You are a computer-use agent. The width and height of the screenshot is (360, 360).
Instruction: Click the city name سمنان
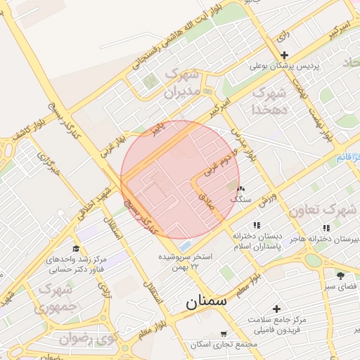pos(207,303)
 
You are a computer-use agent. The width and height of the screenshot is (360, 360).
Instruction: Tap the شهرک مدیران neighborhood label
pos(182,83)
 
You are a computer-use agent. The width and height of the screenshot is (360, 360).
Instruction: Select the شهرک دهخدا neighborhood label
pos(270,101)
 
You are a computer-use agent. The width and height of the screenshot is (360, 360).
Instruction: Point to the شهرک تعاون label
pos(317,210)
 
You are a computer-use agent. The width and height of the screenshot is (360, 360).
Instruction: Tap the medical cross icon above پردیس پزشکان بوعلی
pos(284,56)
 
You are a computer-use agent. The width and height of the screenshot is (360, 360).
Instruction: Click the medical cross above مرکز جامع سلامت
pos(276,309)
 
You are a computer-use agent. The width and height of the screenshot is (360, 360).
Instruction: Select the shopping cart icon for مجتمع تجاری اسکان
pos(224,334)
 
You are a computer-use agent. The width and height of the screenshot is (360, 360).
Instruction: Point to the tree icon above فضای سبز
pos(340,276)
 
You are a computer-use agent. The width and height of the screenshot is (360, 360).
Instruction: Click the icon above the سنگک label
pos(241,189)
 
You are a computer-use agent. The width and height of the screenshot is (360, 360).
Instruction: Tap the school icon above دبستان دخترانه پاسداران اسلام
pos(256,225)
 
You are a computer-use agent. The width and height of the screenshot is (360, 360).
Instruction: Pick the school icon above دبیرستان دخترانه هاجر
pos(325,228)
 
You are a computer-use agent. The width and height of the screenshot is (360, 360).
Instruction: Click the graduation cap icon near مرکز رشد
pos(76,249)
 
